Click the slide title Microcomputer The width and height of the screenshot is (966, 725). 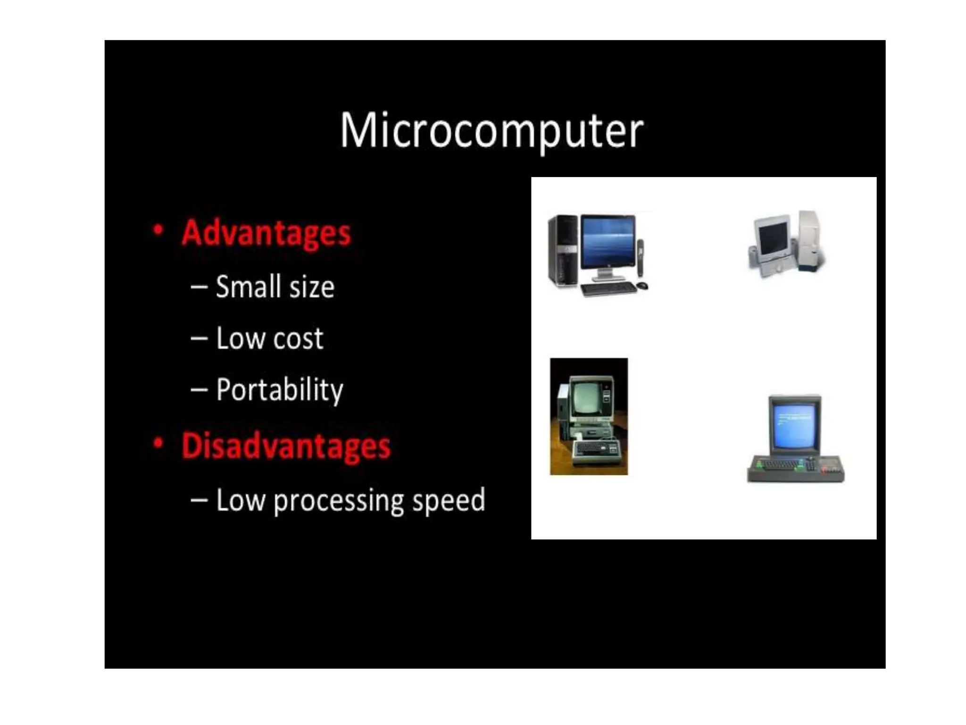[x=491, y=130]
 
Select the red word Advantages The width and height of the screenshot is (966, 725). [x=266, y=233]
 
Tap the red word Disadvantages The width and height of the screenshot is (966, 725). [x=286, y=446]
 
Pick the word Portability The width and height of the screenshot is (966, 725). [x=280, y=390]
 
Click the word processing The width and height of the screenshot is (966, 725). [x=339, y=500]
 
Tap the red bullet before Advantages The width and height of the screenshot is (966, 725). [x=158, y=230]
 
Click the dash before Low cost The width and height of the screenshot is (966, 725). [x=199, y=338]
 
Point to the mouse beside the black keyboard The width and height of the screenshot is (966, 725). [x=642, y=285]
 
